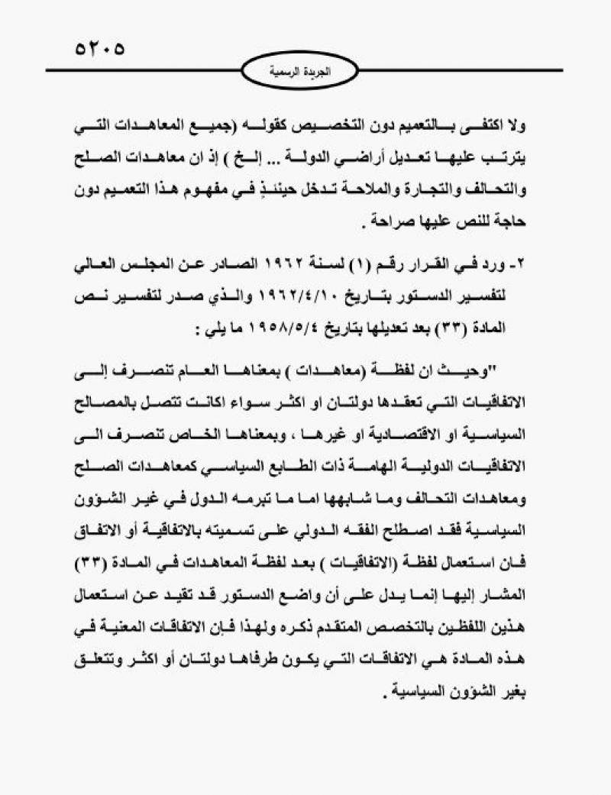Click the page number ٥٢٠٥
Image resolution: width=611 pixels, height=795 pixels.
[99, 48]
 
